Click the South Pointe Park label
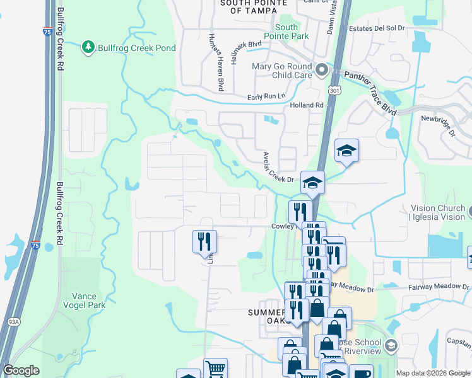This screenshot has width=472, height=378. (292, 31)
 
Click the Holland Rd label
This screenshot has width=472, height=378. (307, 105)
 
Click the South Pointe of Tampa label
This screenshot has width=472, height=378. (249, 6)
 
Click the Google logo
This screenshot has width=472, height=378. (21, 370)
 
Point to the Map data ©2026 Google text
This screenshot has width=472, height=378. (433, 373)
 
